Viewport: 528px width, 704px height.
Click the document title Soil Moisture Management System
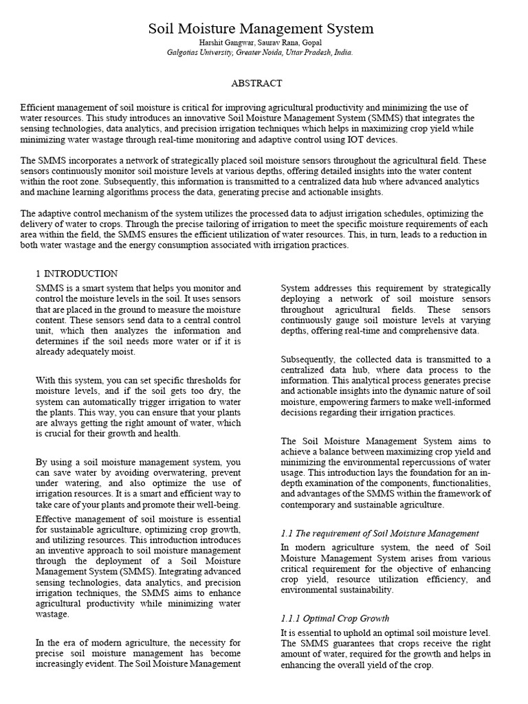pyautogui.click(x=261, y=29)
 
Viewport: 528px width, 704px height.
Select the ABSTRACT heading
pyautogui.click(x=256, y=83)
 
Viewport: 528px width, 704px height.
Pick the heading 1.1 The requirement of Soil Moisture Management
pyautogui.click(x=380, y=533)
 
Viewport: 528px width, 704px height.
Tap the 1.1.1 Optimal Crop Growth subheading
pyautogui.click(x=335, y=618)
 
